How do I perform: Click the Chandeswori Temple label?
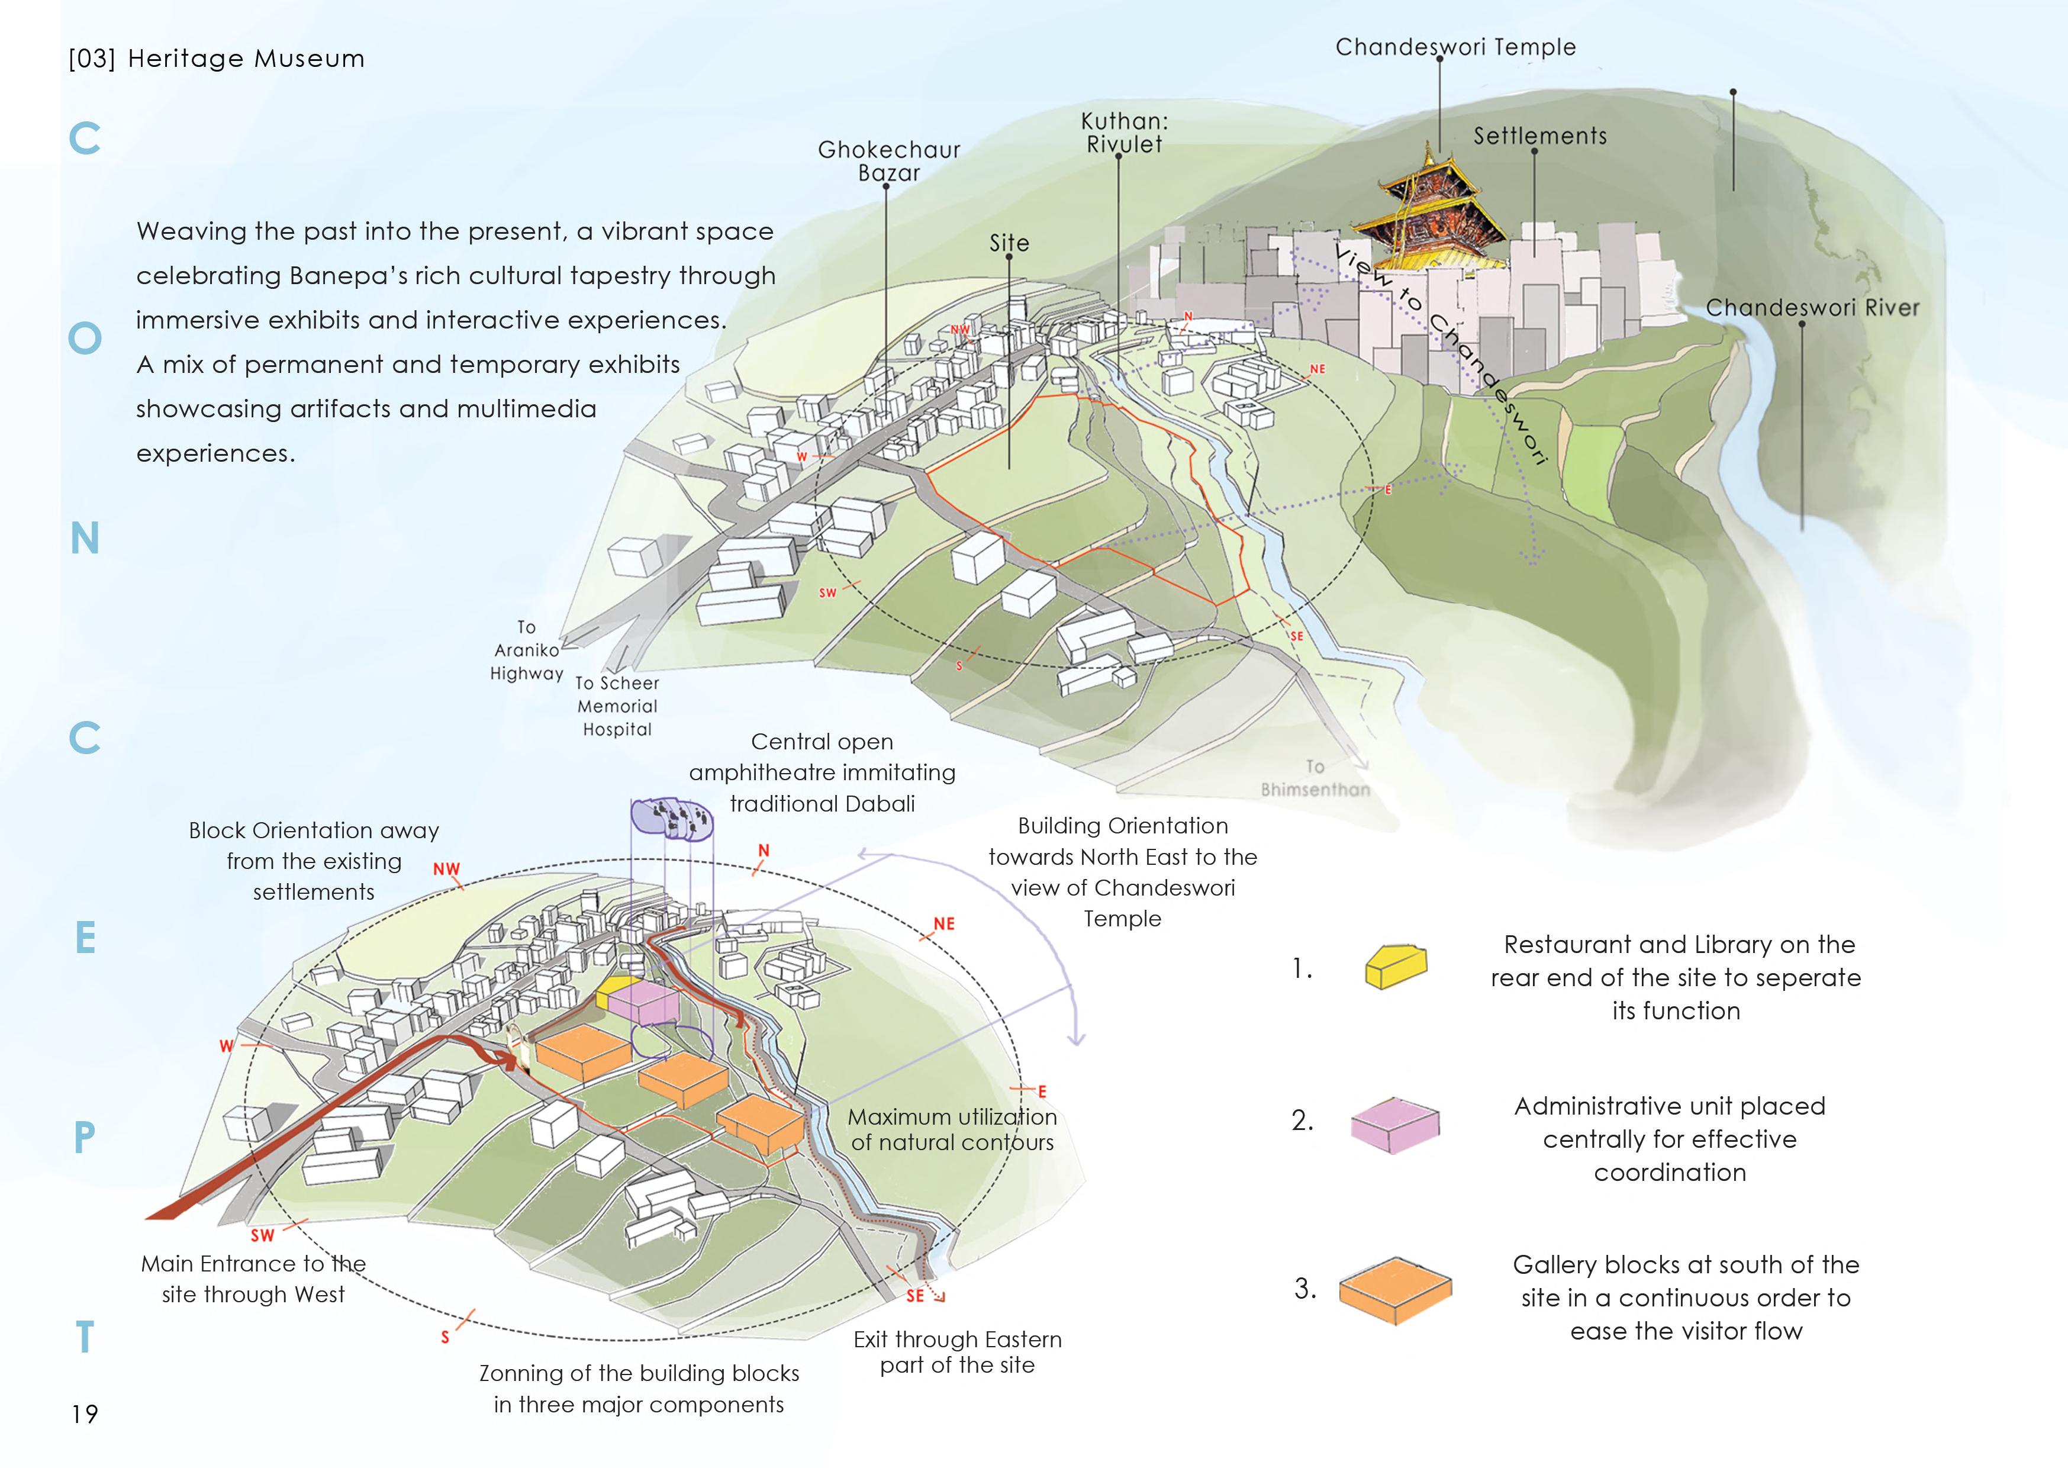1455,47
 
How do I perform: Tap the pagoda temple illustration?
1437,217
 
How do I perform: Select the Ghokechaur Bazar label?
888,161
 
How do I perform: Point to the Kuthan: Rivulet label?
1125,132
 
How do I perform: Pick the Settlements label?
1540,136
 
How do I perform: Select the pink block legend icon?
1394,1125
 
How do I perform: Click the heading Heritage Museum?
246,59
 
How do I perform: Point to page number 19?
85,1414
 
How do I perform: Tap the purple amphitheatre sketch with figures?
672,820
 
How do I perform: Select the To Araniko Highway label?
526,650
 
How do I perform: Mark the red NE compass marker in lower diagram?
943,924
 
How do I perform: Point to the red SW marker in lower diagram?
262,1236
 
